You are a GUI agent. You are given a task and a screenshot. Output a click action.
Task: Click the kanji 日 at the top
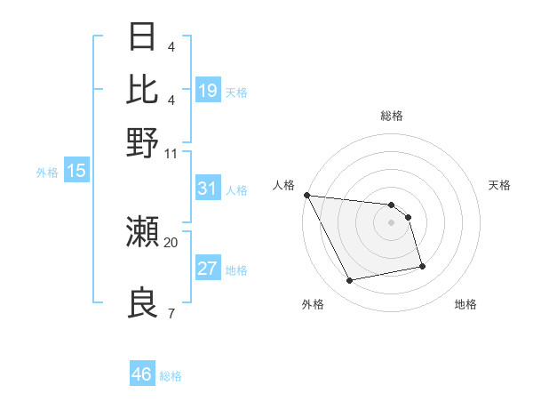click(143, 36)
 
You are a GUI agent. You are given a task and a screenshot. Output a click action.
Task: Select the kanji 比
click(143, 89)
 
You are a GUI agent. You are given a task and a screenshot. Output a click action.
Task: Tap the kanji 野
click(143, 141)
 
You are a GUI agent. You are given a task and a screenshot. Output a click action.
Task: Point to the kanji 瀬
click(143, 232)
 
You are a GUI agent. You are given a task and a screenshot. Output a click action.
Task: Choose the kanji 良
click(143, 303)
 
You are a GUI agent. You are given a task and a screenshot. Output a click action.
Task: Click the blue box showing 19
click(208, 90)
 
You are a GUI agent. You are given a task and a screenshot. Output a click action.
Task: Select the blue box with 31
click(208, 188)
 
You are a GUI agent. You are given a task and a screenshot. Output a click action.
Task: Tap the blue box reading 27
click(208, 269)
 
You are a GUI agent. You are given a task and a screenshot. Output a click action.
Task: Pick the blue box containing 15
click(76, 172)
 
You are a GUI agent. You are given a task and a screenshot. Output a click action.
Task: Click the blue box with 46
click(142, 374)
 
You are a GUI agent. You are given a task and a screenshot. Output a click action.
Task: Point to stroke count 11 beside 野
click(171, 153)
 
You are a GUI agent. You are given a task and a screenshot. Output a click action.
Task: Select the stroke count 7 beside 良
click(171, 313)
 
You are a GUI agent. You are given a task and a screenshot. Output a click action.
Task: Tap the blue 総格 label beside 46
click(171, 376)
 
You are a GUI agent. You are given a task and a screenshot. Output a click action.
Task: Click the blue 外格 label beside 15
click(47, 173)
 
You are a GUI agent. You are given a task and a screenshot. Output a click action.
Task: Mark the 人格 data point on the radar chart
click(306, 195)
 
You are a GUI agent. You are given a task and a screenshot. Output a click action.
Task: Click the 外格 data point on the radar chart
click(350, 281)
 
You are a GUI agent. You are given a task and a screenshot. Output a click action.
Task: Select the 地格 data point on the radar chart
click(422, 266)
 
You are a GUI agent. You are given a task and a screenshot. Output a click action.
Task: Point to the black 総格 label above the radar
click(391, 116)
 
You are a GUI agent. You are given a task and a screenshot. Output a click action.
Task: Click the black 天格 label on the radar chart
click(499, 185)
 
